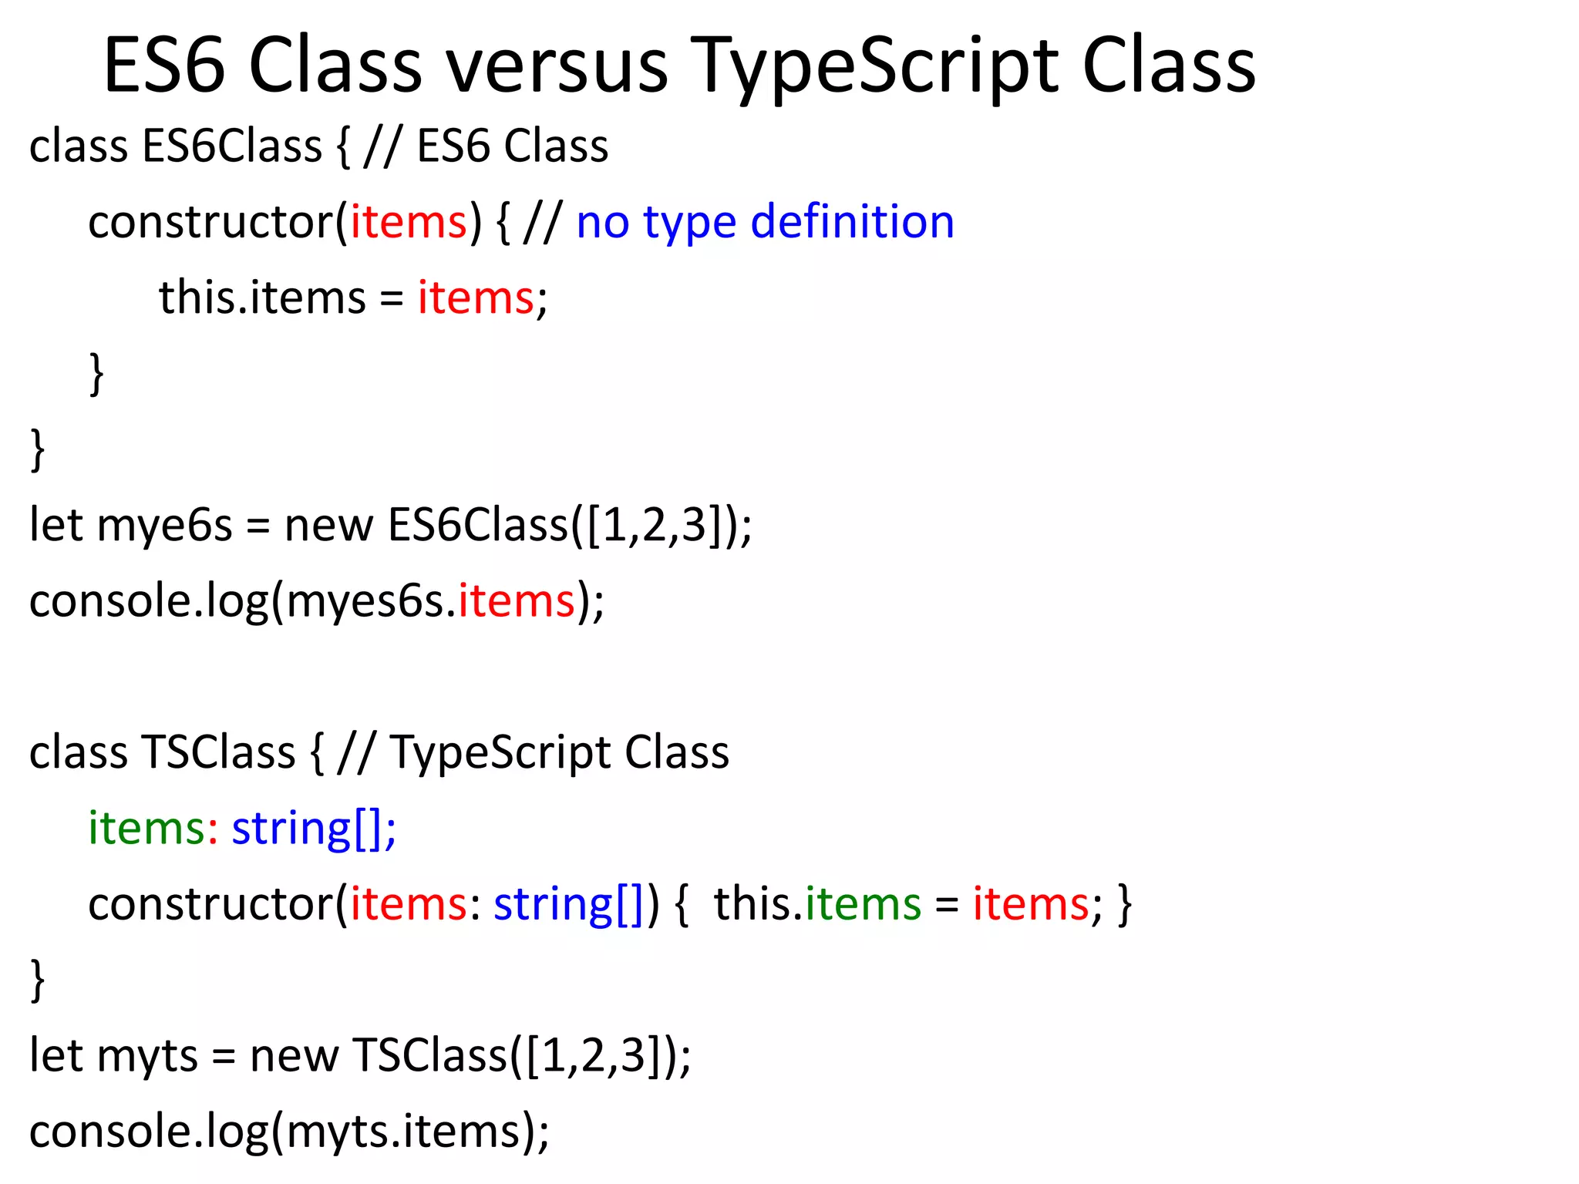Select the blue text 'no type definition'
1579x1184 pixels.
click(x=765, y=222)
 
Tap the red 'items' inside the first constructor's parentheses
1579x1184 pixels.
click(x=409, y=222)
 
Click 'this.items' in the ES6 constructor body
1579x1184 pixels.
click(x=262, y=298)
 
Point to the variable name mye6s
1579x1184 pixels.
click(x=164, y=525)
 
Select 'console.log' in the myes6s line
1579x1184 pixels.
click(x=148, y=600)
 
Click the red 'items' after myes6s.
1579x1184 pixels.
click(x=517, y=600)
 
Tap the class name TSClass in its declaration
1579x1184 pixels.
click(x=218, y=752)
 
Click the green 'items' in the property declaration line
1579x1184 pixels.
click(x=146, y=828)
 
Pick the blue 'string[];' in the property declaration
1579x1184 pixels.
click(x=314, y=828)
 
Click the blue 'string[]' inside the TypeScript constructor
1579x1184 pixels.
click(x=568, y=903)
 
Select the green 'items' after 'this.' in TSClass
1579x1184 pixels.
click(x=863, y=903)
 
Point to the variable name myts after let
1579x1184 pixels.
click(x=147, y=1055)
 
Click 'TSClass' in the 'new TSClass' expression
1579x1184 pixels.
click(x=429, y=1055)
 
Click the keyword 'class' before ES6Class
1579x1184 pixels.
click(x=78, y=146)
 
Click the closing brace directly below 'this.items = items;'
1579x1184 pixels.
click(x=96, y=374)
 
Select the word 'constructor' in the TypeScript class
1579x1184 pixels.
click(x=210, y=903)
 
